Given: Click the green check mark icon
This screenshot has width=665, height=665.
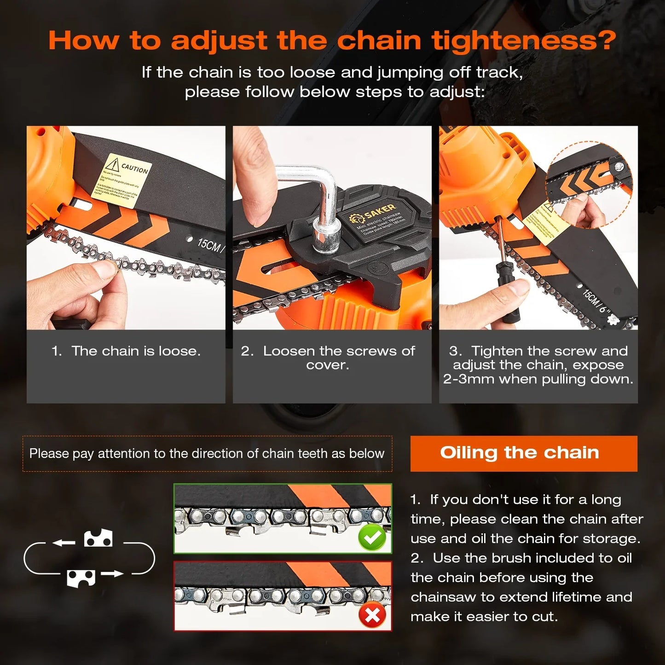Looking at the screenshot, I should (x=372, y=538).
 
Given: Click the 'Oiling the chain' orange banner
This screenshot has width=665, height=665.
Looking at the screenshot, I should (x=524, y=453).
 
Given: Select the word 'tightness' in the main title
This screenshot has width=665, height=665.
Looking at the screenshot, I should (x=523, y=40).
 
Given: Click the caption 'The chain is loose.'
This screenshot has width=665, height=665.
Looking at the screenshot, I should (x=136, y=351).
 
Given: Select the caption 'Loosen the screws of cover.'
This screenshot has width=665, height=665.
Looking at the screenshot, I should (x=328, y=358).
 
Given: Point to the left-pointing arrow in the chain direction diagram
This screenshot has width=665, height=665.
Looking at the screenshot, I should (x=64, y=543).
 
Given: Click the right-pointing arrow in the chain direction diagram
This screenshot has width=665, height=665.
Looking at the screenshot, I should (x=112, y=574).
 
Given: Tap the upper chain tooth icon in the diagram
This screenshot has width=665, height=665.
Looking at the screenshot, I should (x=98, y=538).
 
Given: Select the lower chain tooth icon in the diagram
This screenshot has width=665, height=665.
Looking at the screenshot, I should (x=81, y=578).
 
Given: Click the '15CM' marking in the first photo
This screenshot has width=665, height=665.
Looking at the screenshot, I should (x=209, y=244).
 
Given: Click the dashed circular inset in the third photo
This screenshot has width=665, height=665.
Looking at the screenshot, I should (x=589, y=184).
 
